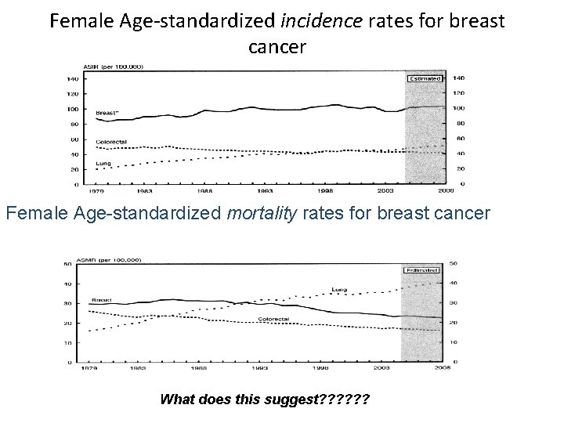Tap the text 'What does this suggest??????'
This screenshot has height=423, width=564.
click(266, 399)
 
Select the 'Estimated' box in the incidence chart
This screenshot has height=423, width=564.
click(425, 78)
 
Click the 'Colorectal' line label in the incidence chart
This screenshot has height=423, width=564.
click(111, 142)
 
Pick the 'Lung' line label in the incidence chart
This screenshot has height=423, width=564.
click(102, 163)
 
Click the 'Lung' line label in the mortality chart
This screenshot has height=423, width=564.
click(338, 290)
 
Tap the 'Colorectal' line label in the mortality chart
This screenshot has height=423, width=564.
click(273, 319)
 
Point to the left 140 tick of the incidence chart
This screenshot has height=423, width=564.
click(72, 79)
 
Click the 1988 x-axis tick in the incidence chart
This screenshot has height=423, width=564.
click(203, 190)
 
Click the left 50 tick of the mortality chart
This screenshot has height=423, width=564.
click(68, 264)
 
